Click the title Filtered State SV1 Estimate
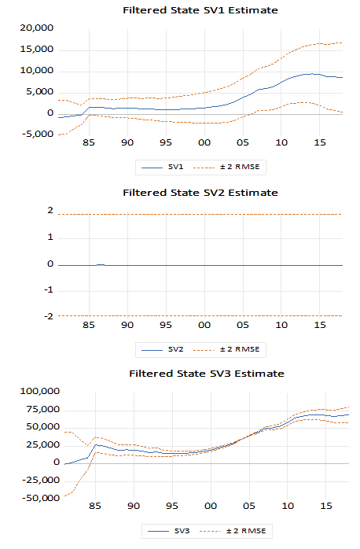pos(200,10)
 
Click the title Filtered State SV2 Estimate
pos(200,193)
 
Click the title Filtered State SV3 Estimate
pos(207,374)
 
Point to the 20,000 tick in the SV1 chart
pos(37,28)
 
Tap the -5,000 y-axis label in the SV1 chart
pos(38,134)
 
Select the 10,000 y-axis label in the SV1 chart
pos(37,70)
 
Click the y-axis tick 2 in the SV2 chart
pos(50,211)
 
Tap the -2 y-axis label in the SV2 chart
pos(49,316)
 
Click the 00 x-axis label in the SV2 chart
pos(204,325)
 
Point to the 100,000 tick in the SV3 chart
pos(40,391)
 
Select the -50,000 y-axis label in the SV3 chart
pos(41,498)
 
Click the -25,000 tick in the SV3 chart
pos(41,480)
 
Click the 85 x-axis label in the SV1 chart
pos(89,142)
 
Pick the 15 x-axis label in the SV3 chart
pos(326,506)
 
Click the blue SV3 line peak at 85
pos(96,444)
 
